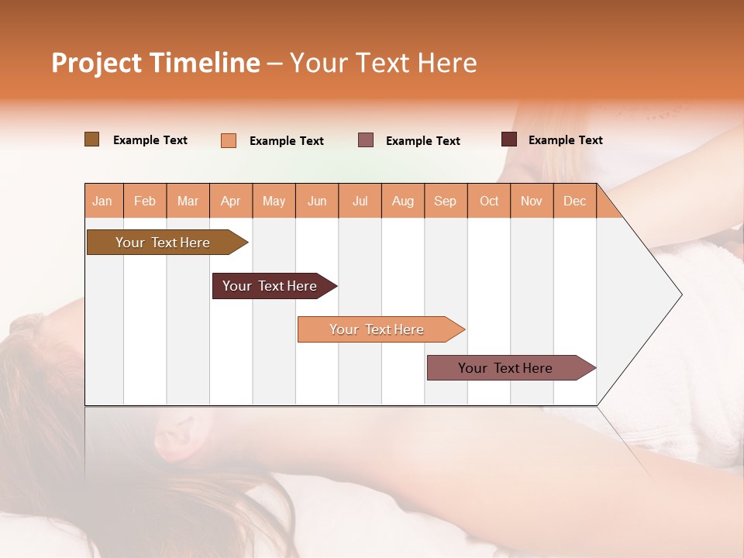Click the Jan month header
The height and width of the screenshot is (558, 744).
103,201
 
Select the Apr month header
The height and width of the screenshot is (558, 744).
231,201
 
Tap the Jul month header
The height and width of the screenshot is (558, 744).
360,201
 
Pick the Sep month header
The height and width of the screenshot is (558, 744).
446,201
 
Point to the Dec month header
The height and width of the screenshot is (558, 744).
575,201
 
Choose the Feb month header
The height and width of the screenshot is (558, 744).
145,201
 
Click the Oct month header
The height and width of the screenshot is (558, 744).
489,201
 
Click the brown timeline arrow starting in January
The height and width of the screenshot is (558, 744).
164,243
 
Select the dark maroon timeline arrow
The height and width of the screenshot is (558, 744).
270,286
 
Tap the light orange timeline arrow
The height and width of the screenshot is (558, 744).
377,329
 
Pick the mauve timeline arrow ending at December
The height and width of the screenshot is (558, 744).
506,368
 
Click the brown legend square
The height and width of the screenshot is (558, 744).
91,139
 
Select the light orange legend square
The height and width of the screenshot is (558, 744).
229,140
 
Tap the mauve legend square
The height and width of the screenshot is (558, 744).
366,139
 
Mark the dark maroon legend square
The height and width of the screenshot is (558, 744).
509,139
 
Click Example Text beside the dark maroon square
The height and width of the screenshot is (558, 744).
566,140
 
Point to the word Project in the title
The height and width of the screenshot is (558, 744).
97,63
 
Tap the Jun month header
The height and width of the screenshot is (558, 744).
317,201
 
